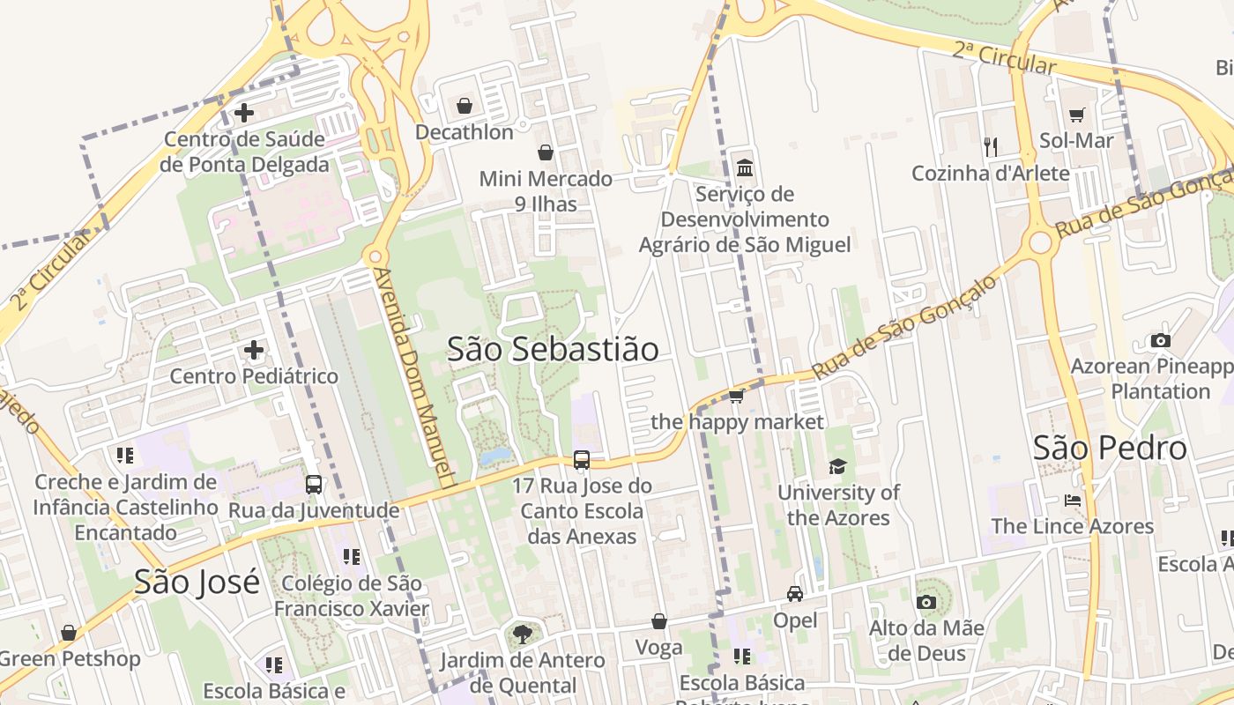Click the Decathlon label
(464, 132)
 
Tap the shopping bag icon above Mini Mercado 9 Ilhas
(546, 152)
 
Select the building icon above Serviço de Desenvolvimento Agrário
(745, 167)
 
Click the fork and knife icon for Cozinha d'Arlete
(991, 146)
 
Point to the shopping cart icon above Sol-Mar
(1076, 115)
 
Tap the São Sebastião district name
(553, 349)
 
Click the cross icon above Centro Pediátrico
(254, 350)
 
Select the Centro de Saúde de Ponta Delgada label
(244, 152)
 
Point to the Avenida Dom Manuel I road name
(414, 379)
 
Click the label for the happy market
(737, 422)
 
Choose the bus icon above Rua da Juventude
(314, 484)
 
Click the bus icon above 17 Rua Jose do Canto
(582, 459)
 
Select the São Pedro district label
(1110, 449)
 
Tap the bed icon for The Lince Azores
(1072, 501)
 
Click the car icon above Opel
(795, 594)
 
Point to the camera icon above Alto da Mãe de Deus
(925, 602)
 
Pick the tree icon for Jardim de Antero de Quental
(523, 634)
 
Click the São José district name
(197, 582)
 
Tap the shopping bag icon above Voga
(658, 622)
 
